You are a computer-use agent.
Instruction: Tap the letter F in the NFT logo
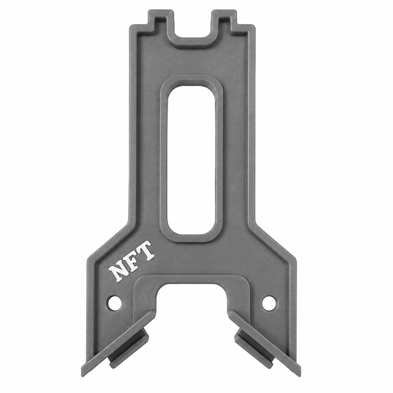coord(133,259)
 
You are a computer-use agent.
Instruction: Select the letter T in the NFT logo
coord(145,251)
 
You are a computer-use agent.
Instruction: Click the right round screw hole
coord(268,301)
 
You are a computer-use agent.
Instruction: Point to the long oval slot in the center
coord(192,160)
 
